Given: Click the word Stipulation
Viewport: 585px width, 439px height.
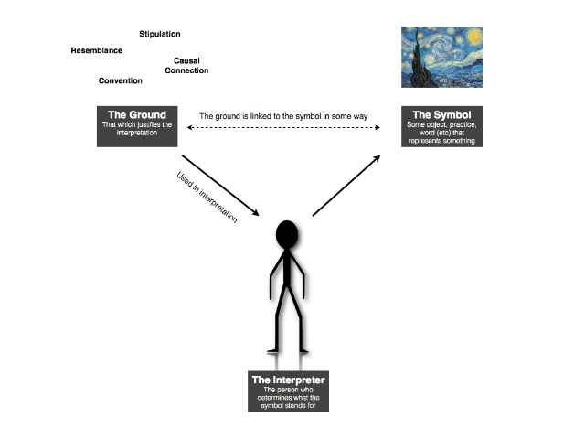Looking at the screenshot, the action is (160, 34).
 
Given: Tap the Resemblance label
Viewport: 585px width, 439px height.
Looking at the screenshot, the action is (97, 50).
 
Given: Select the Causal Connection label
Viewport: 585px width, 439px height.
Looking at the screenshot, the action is (186, 65).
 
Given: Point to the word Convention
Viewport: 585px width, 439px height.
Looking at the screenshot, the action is (120, 80).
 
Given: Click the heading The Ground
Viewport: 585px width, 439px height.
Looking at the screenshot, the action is (137, 114).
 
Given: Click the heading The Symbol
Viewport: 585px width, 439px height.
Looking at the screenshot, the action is (441, 114).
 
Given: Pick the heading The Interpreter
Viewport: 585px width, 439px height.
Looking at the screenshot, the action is (289, 380).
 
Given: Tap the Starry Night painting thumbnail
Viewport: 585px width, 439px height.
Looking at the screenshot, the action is (441, 57).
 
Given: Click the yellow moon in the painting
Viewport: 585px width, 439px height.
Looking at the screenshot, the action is (473, 36).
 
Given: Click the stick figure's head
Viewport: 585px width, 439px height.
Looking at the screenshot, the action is (287, 234).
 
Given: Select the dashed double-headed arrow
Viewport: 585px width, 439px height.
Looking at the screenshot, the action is (283, 128).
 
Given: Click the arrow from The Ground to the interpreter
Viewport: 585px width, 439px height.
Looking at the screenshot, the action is (220, 186).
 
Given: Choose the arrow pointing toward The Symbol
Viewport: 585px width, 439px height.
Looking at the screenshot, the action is (346, 186).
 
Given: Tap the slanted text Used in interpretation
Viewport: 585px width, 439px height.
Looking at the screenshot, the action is (207, 197).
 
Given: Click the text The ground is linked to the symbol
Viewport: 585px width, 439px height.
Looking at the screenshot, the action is (283, 116).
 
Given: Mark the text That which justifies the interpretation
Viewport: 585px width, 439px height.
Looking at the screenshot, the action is (137, 128).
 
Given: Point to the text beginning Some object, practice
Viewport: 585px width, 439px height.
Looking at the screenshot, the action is (441, 133).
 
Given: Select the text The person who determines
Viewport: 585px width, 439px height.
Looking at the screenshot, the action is (289, 398).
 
